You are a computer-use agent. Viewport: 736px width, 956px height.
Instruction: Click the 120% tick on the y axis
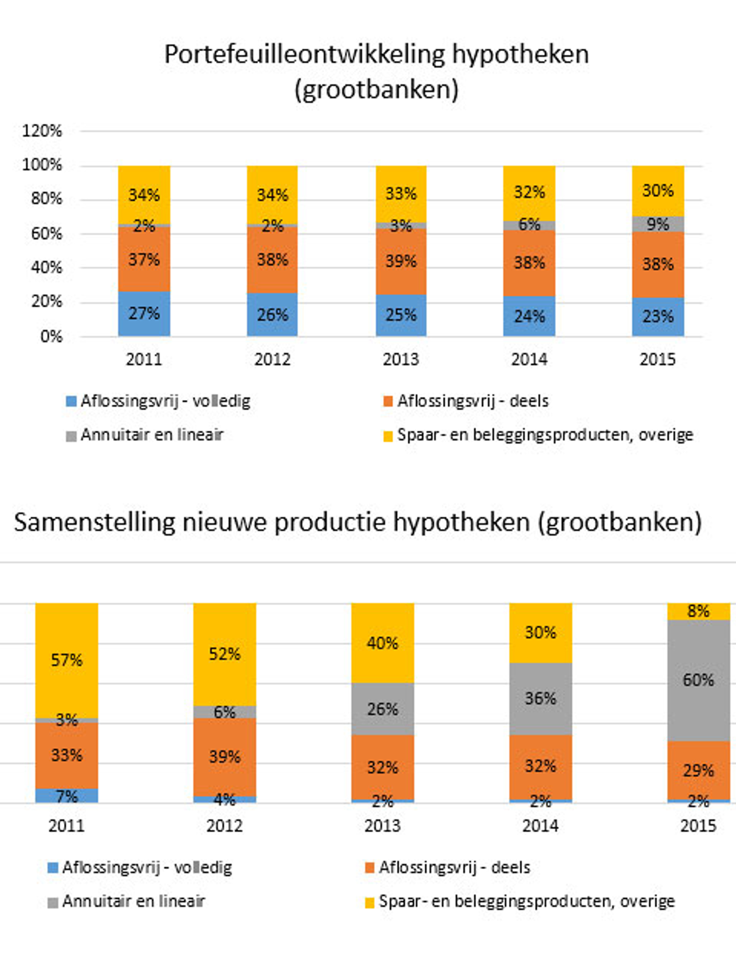42,131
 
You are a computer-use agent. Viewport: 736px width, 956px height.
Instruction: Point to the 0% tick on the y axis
51,336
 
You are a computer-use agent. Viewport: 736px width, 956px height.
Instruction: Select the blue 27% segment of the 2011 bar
144,313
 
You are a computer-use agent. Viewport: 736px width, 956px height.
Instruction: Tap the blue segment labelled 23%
658,317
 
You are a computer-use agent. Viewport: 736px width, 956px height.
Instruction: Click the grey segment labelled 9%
658,224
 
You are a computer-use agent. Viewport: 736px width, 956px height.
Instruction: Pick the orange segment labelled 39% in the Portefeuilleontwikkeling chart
401,261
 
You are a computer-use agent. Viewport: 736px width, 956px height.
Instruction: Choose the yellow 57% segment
67,660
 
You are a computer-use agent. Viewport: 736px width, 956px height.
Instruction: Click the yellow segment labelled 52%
224,654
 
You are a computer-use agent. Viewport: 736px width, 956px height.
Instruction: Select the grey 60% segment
698,680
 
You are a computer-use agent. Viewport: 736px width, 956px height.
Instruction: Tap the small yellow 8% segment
698,611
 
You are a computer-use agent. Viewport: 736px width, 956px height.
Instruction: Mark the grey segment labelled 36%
540,698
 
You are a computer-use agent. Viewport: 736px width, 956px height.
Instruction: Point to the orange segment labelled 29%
698,770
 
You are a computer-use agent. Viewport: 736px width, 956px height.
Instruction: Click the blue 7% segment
67,796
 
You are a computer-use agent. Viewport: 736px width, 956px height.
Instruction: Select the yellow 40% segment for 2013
382,643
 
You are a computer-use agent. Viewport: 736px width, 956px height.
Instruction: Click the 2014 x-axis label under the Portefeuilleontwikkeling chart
529,359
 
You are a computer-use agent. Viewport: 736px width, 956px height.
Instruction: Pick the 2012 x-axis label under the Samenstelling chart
224,826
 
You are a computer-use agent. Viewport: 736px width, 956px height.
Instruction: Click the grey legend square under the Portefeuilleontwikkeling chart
71,436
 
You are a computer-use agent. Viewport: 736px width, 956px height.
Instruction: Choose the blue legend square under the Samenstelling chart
53,868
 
